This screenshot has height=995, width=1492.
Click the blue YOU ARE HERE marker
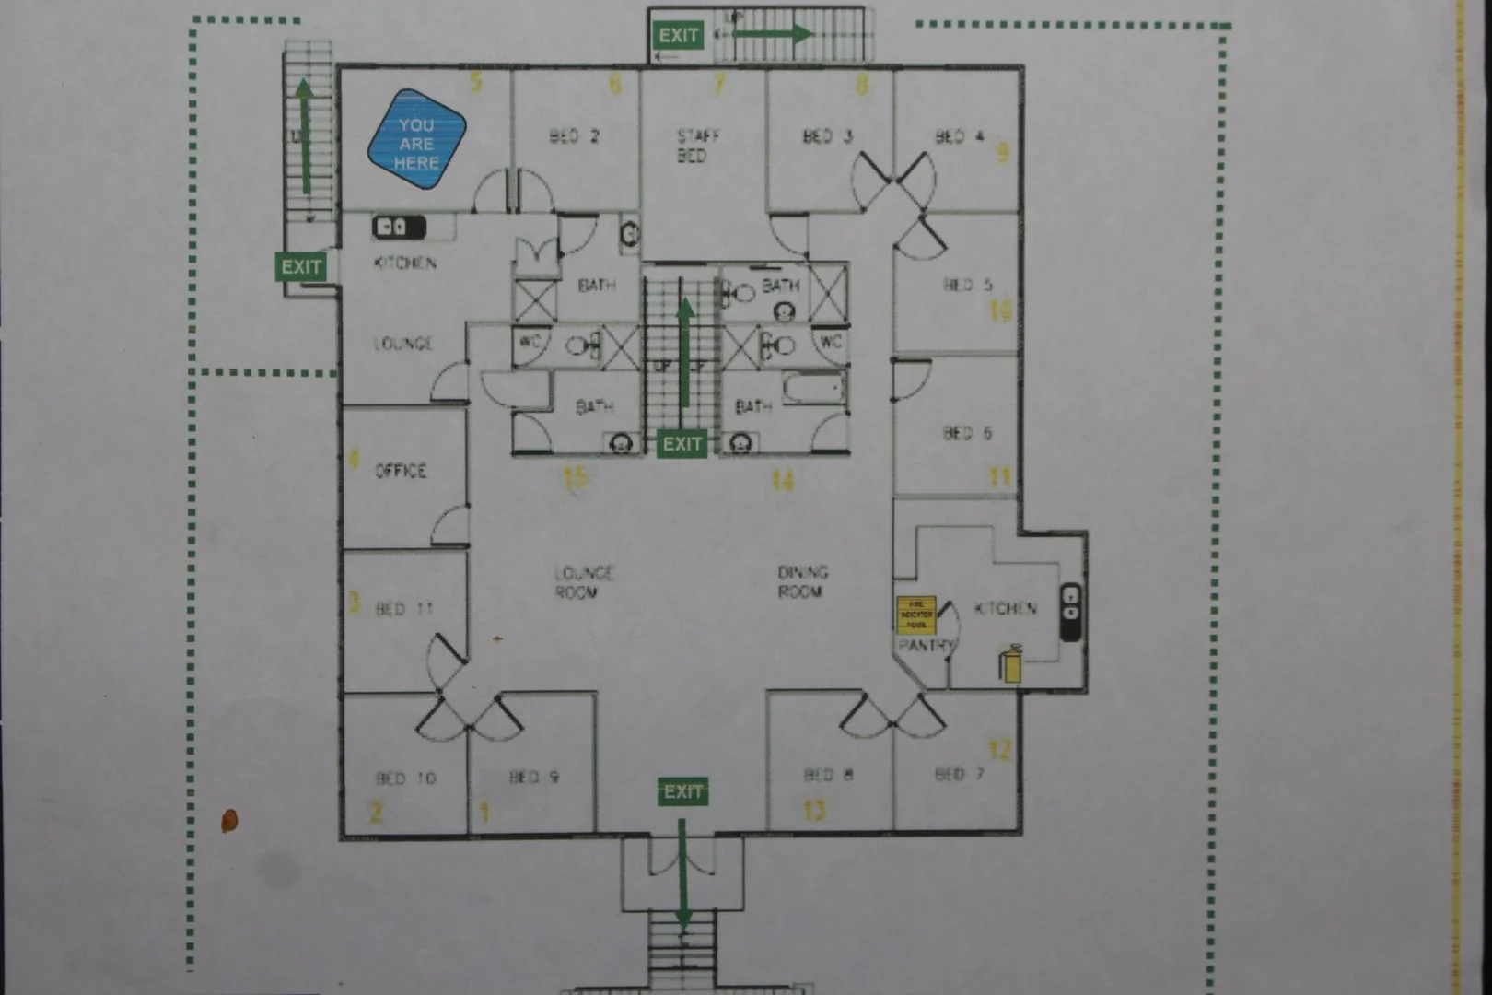coord(416,139)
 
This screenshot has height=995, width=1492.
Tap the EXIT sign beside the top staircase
coord(678,35)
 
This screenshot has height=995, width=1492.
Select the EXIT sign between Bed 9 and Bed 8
coord(682,791)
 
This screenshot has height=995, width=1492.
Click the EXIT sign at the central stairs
coord(682,444)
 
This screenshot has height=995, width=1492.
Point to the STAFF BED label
coord(697,146)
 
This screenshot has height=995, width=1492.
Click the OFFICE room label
coord(401,471)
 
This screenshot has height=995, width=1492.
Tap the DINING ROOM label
coord(802,581)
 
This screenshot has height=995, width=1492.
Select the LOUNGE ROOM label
coord(583,582)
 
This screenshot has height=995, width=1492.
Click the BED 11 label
coord(404,609)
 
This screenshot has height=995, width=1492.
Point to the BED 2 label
coord(574,136)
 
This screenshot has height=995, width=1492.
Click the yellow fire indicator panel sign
coord(916,615)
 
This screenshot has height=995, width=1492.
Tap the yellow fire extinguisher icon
coord(1011,664)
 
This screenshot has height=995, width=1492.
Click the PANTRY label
coord(926,646)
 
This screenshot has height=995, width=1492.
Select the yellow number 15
coord(575,477)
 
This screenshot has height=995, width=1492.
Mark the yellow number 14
coord(783,480)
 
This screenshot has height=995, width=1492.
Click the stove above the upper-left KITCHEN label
coord(398,226)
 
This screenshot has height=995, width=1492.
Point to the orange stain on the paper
coord(229,819)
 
